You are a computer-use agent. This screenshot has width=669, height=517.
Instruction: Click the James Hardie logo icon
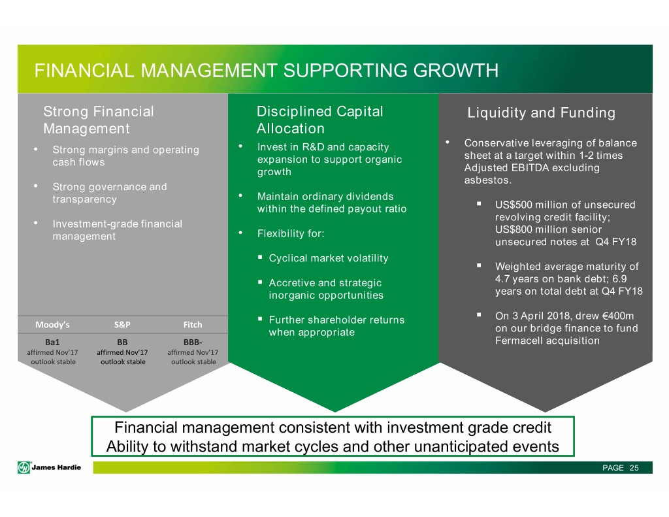click(24, 467)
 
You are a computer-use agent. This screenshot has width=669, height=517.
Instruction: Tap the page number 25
click(634, 468)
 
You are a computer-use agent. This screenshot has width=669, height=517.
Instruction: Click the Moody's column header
click(52, 325)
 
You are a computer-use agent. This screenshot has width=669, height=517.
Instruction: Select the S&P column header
click(122, 325)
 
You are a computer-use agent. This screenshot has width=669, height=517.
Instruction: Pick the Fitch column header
click(193, 325)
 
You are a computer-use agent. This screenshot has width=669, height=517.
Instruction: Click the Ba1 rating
click(52, 342)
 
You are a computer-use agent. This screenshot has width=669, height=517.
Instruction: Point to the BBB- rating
click(193, 342)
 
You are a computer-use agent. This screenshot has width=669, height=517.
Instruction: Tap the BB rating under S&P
click(122, 342)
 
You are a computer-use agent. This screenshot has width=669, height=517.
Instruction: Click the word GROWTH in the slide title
click(455, 71)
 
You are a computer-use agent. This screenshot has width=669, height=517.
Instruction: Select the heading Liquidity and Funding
click(541, 112)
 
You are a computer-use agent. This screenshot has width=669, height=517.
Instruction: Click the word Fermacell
click(516, 341)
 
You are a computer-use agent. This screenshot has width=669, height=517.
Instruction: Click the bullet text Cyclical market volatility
click(329, 258)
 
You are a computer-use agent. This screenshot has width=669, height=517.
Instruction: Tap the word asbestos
click(487, 180)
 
